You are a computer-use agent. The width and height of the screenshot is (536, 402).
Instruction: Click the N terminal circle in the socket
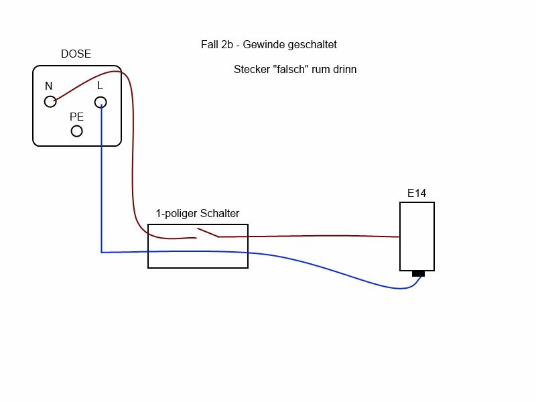pyautogui.click(x=50, y=102)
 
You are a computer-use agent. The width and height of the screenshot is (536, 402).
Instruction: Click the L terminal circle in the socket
pyautogui.click(x=100, y=102)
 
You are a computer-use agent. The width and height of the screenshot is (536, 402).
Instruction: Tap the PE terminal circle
pyautogui.click(x=76, y=131)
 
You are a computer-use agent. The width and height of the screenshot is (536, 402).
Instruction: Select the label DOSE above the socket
pyautogui.click(x=76, y=54)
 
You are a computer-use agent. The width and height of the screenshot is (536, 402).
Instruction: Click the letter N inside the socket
pyautogui.click(x=48, y=86)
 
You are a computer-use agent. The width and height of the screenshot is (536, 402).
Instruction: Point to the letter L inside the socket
pyautogui.click(x=100, y=85)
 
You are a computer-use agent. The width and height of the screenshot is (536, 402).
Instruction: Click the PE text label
pyautogui.click(x=76, y=116)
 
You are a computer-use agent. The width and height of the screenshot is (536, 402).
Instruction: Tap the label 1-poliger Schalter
pyautogui.click(x=197, y=214)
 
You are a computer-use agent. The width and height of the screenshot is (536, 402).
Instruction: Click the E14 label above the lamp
pyautogui.click(x=417, y=194)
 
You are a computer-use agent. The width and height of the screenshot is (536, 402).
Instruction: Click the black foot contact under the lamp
pyautogui.click(x=418, y=273)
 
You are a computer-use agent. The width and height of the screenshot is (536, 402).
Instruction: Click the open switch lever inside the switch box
pyautogui.click(x=207, y=233)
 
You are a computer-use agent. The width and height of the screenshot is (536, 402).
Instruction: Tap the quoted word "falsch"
pyautogui.click(x=290, y=69)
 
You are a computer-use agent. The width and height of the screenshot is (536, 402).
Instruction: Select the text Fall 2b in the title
pyautogui.click(x=216, y=45)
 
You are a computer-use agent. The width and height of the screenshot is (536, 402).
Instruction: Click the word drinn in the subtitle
pyautogui.click(x=344, y=69)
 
